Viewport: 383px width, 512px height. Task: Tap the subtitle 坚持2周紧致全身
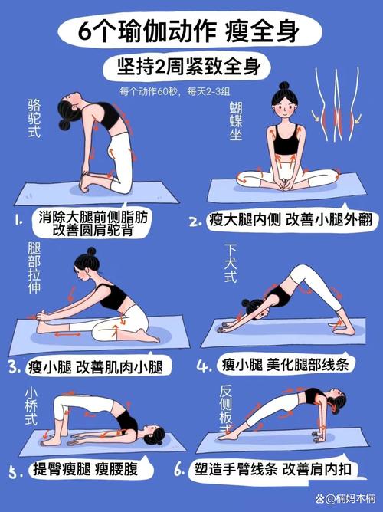[189, 66]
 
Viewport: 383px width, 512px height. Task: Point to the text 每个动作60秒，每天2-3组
[175, 91]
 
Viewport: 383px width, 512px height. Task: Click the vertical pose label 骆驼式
[34, 118]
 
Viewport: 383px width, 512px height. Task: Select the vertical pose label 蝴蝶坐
[235, 121]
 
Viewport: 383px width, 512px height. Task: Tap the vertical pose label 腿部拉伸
[34, 268]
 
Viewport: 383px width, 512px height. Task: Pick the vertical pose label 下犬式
[231, 264]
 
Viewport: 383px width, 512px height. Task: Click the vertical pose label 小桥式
[31, 406]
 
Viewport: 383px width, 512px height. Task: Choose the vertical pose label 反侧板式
[226, 409]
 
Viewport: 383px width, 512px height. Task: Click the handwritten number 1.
[18, 221]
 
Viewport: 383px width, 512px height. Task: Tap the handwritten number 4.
[204, 366]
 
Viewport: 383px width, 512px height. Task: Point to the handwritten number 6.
[179, 470]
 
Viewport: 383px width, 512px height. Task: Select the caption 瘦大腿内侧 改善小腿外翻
[290, 220]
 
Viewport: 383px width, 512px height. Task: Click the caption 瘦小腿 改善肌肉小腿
[95, 366]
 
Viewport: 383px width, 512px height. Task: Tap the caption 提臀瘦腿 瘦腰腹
[86, 469]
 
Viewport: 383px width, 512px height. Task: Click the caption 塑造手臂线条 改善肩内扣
[273, 469]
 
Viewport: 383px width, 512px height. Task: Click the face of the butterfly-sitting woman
[284, 107]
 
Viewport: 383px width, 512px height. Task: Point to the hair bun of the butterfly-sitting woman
[284, 86]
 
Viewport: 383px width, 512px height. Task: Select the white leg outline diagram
[337, 104]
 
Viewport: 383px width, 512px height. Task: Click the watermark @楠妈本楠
[345, 498]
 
